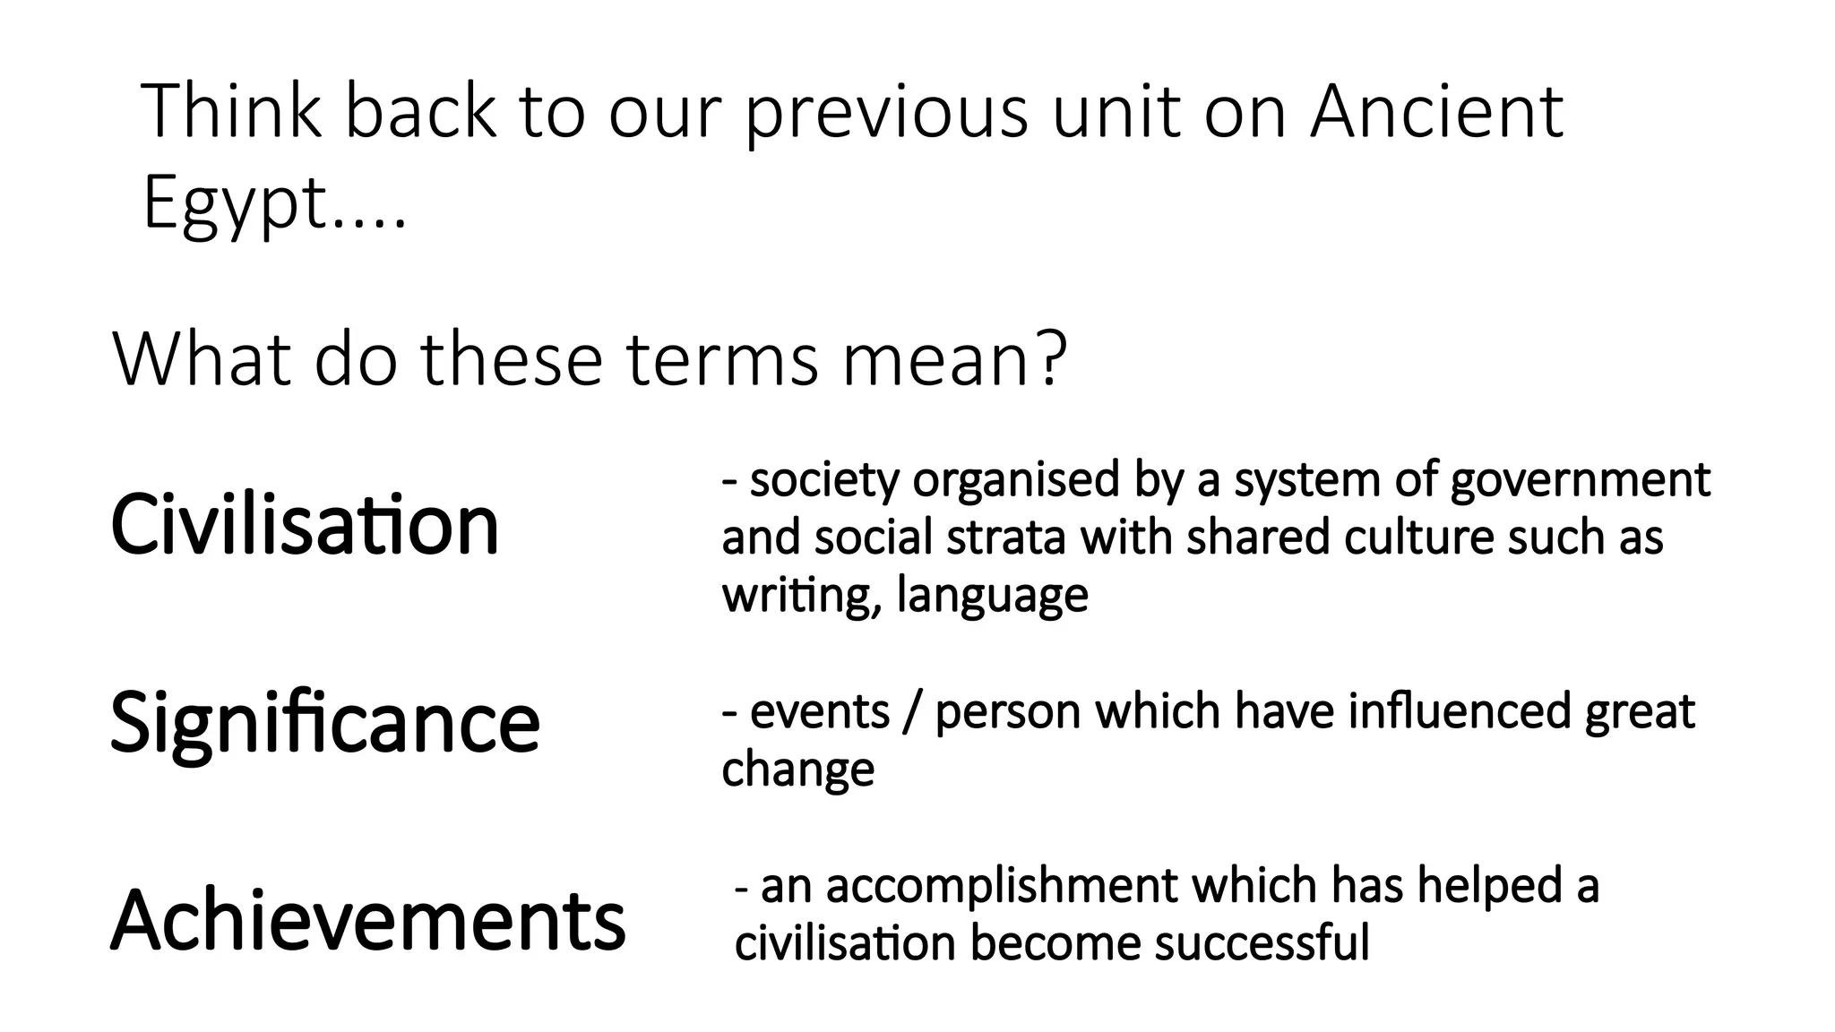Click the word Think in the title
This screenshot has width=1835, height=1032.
click(x=231, y=111)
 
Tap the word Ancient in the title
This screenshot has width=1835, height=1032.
click(x=1436, y=111)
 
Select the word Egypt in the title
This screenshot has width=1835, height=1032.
click(x=234, y=203)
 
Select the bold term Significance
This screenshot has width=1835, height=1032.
click(x=325, y=722)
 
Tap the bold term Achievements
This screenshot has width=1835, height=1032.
click(x=368, y=920)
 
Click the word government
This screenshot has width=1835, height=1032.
click(x=1581, y=480)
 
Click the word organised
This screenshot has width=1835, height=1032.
click(x=1016, y=480)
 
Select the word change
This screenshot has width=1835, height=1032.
click(x=797, y=769)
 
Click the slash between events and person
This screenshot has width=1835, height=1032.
click(x=912, y=712)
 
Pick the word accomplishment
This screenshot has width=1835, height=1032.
click(x=1001, y=886)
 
